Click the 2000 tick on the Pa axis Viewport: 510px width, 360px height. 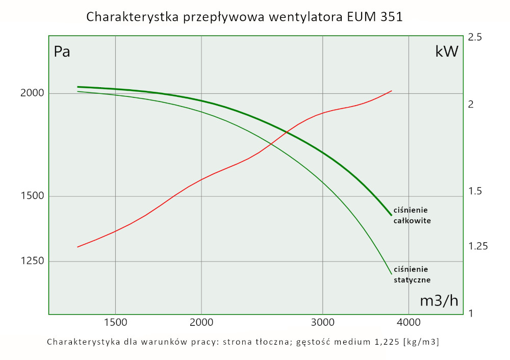tap(33, 93)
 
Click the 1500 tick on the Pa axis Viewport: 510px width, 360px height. tap(33, 196)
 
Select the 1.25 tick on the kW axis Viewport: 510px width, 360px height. tap(478, 246)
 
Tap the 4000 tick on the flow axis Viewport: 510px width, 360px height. tap(409, 322)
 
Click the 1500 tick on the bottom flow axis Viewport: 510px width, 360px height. tap(115, 322)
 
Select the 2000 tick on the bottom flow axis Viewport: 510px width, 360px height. tap(201, 322)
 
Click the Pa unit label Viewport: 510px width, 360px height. tap(62, 52)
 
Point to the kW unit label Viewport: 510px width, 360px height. tap(447, 52)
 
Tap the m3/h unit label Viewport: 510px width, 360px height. tap(439, 301)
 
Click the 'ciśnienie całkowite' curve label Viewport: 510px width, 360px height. tap(412, 215)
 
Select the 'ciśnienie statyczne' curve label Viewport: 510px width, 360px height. tap(412, 274)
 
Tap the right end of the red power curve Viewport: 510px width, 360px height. tap(391, 91)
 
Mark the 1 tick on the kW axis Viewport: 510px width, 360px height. tap(472, 314)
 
